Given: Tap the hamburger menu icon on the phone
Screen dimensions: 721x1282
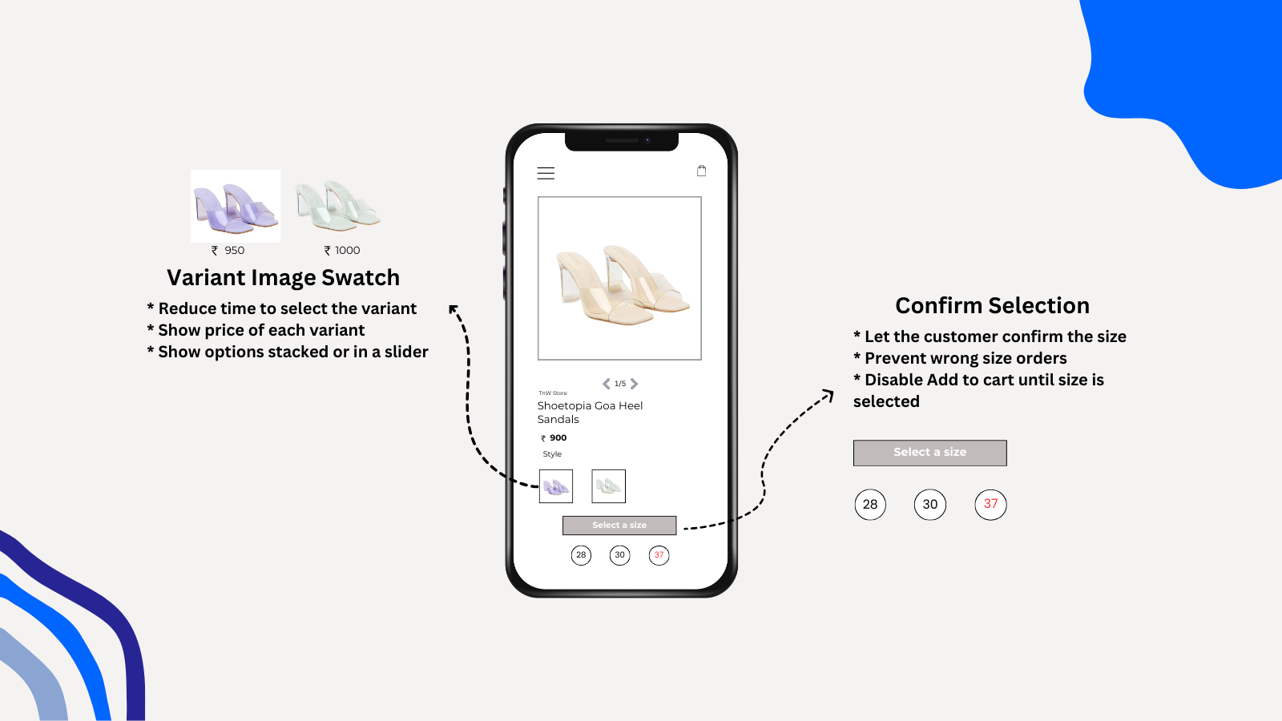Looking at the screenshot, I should click(546, 173).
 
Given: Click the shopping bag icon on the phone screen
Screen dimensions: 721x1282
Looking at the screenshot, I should click(702, 171).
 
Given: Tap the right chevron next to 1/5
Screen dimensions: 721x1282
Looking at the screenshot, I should click(635, 384).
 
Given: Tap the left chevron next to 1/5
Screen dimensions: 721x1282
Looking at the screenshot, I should click(607, 384).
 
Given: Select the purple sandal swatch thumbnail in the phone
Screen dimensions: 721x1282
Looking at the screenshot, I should click(556, 486).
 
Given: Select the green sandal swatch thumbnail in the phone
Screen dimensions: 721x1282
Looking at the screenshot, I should click(608, 486).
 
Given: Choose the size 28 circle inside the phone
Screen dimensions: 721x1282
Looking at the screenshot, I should click(581, 555).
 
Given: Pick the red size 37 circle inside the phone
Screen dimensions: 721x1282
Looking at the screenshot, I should click(659, 555).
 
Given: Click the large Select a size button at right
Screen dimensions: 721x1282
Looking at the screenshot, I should click(929, 453).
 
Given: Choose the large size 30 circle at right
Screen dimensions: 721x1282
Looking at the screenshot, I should click(929, 505).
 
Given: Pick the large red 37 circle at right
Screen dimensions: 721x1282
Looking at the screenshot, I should click(990, 505).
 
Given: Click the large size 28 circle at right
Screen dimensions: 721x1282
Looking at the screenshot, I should click(870, 505).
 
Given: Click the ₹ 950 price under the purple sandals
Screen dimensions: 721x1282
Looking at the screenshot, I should click(228, 251).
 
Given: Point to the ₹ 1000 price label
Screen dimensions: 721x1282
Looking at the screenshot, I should click(342, 251).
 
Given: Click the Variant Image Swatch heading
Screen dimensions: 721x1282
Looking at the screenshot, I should click(283, 278).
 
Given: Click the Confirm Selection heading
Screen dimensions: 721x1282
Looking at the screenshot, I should click(992, 306).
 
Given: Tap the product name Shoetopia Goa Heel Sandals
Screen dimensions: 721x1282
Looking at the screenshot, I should click(590, 413).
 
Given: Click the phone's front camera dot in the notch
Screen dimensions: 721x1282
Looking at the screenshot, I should click(647, 140).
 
